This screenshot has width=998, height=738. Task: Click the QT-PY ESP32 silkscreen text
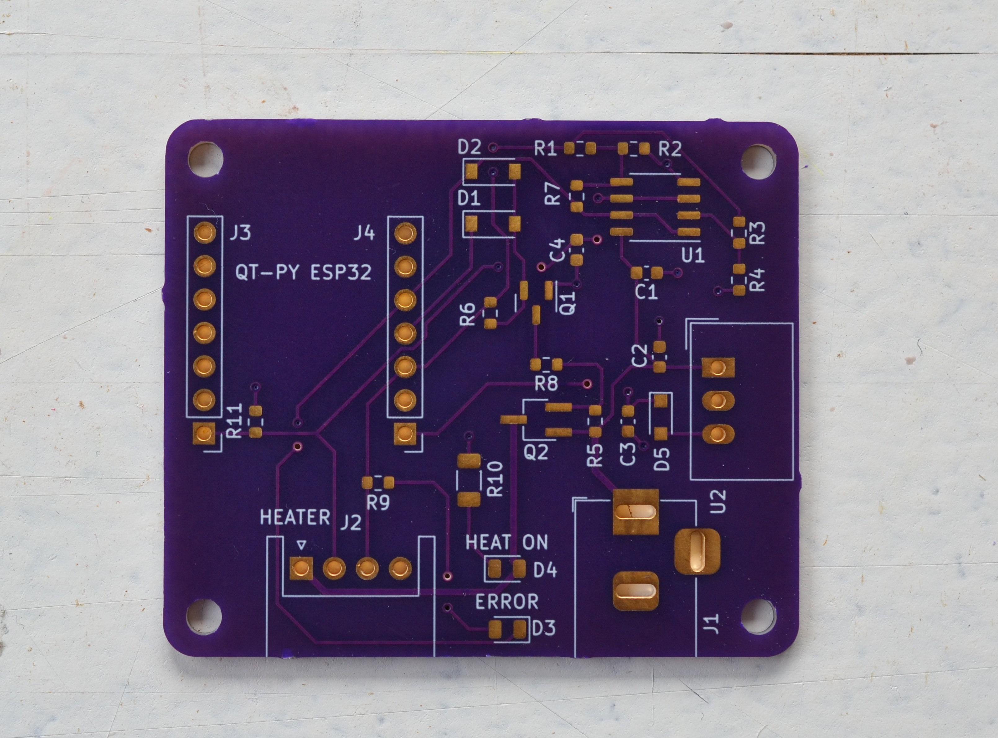click(x=303, y=273)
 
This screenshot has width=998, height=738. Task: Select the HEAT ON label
click(x=506, y=542)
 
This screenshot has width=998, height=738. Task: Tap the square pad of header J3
click(x=204, y=433)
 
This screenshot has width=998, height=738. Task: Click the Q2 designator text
click(x=536, y=452)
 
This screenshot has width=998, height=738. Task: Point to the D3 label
click(x=544, y=629)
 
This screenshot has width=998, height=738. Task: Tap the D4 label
click(x=545, y=570)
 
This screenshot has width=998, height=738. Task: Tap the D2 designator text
click(x=469, y=147)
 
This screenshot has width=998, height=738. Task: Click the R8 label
click(x=547, y=383)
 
